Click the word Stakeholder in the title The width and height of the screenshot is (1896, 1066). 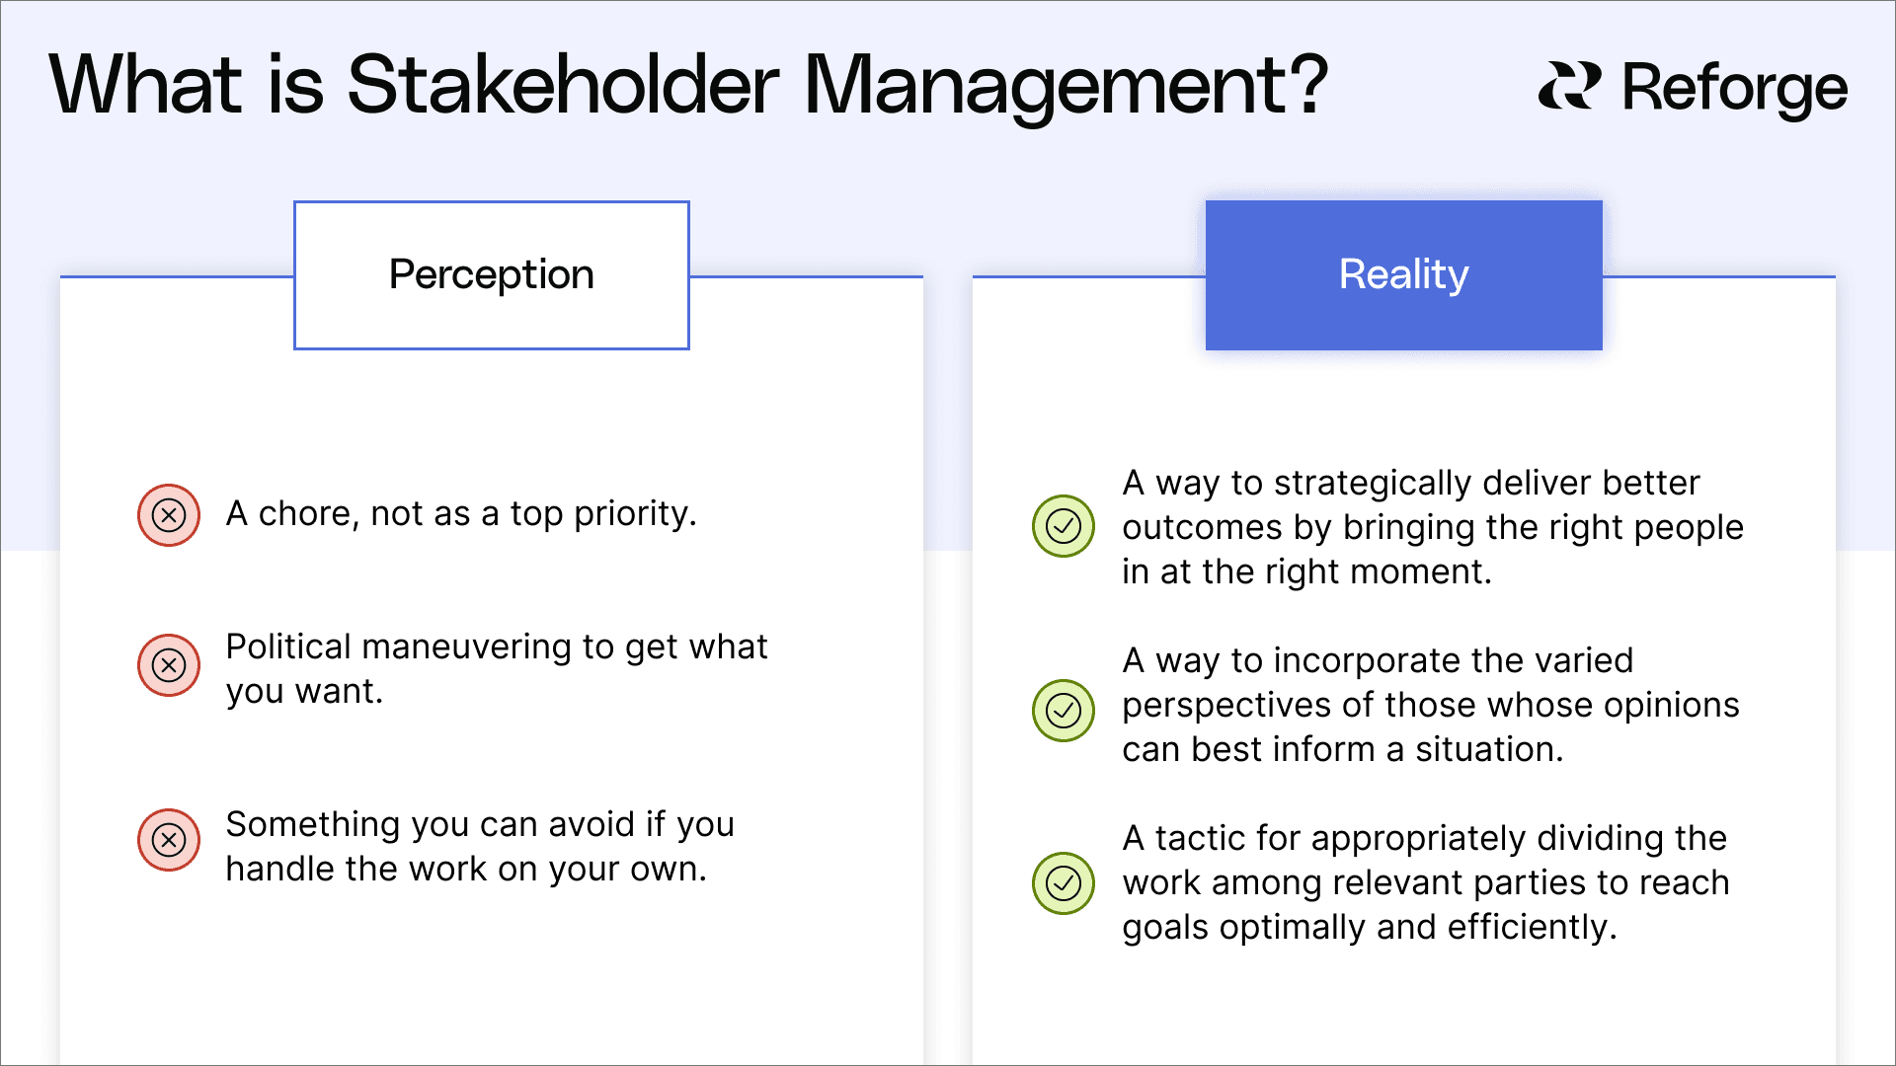point(563,85)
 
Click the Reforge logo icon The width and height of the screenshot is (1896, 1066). point(1569,87)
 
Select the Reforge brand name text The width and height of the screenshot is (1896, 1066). point(1734,89)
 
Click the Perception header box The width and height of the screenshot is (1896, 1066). point(492,274)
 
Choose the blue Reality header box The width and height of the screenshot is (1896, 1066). point(1403,274)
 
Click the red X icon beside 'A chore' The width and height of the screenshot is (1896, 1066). point(169,514)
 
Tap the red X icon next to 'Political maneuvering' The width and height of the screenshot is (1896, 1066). point(169,665)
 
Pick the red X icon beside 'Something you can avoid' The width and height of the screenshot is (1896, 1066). point(169,840)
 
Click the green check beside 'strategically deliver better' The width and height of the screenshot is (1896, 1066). point(1064,526)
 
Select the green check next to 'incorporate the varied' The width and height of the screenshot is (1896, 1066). point(1064,711)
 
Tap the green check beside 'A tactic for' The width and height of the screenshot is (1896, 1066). point(1064,883)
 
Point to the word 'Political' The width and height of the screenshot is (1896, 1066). point(288,647)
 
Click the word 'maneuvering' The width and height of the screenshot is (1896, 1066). point(467,647)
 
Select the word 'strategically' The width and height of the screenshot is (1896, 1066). point(1373,484)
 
